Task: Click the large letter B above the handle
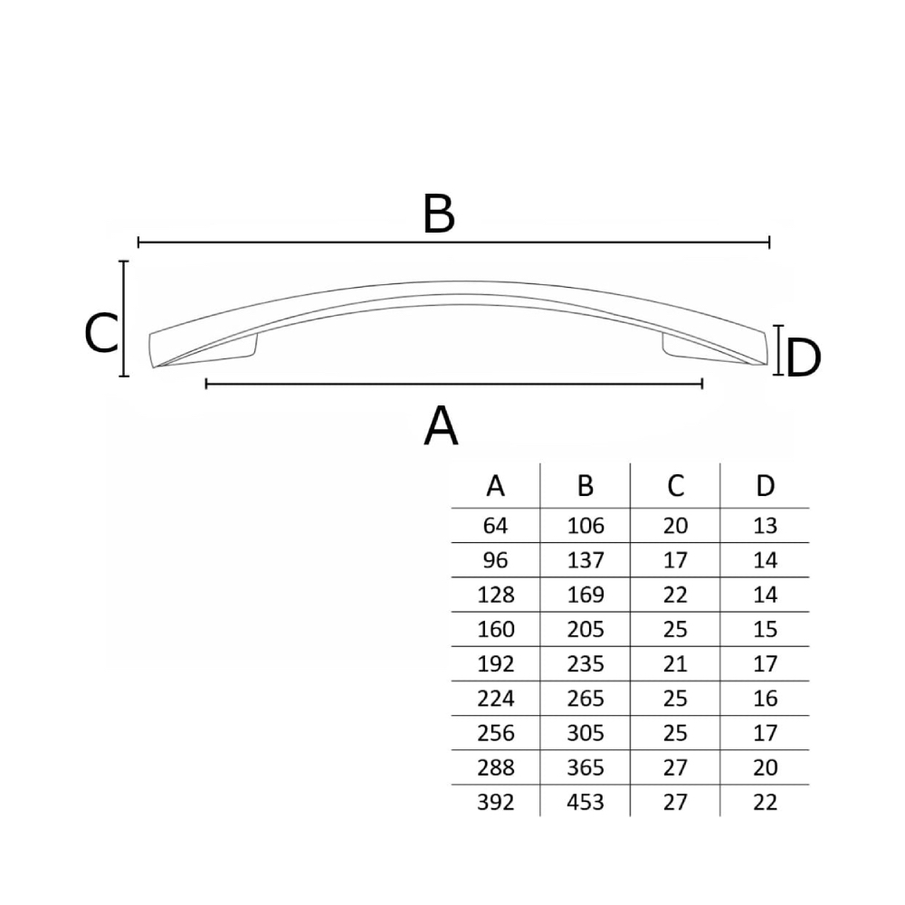[439, 214]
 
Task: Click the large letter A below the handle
[441, 425]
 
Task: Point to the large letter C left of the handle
[101, 333]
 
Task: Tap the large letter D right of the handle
[804, 358]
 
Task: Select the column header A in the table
[495, 486]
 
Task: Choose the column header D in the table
[766, 486]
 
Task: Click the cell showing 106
[586, 526]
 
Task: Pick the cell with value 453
[586, 802]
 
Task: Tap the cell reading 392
[495, 802]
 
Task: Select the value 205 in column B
[586, 629]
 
